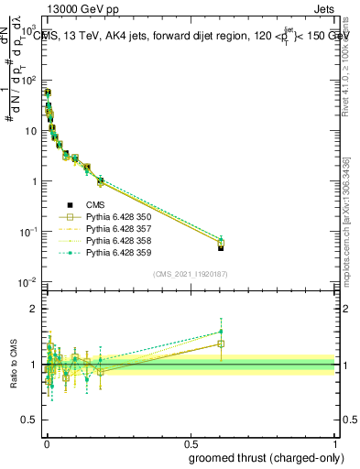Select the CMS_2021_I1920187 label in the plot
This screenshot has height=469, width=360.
pos(190,275)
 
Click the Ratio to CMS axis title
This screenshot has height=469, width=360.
pos(13,364)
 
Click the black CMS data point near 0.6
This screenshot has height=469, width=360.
pos(221,247)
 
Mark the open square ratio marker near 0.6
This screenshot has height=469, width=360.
pos(221,344)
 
